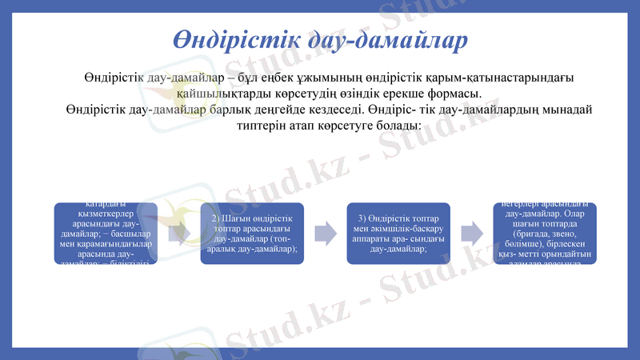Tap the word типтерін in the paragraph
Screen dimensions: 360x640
coord(266,126)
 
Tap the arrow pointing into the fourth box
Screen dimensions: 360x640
coord(472,233)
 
